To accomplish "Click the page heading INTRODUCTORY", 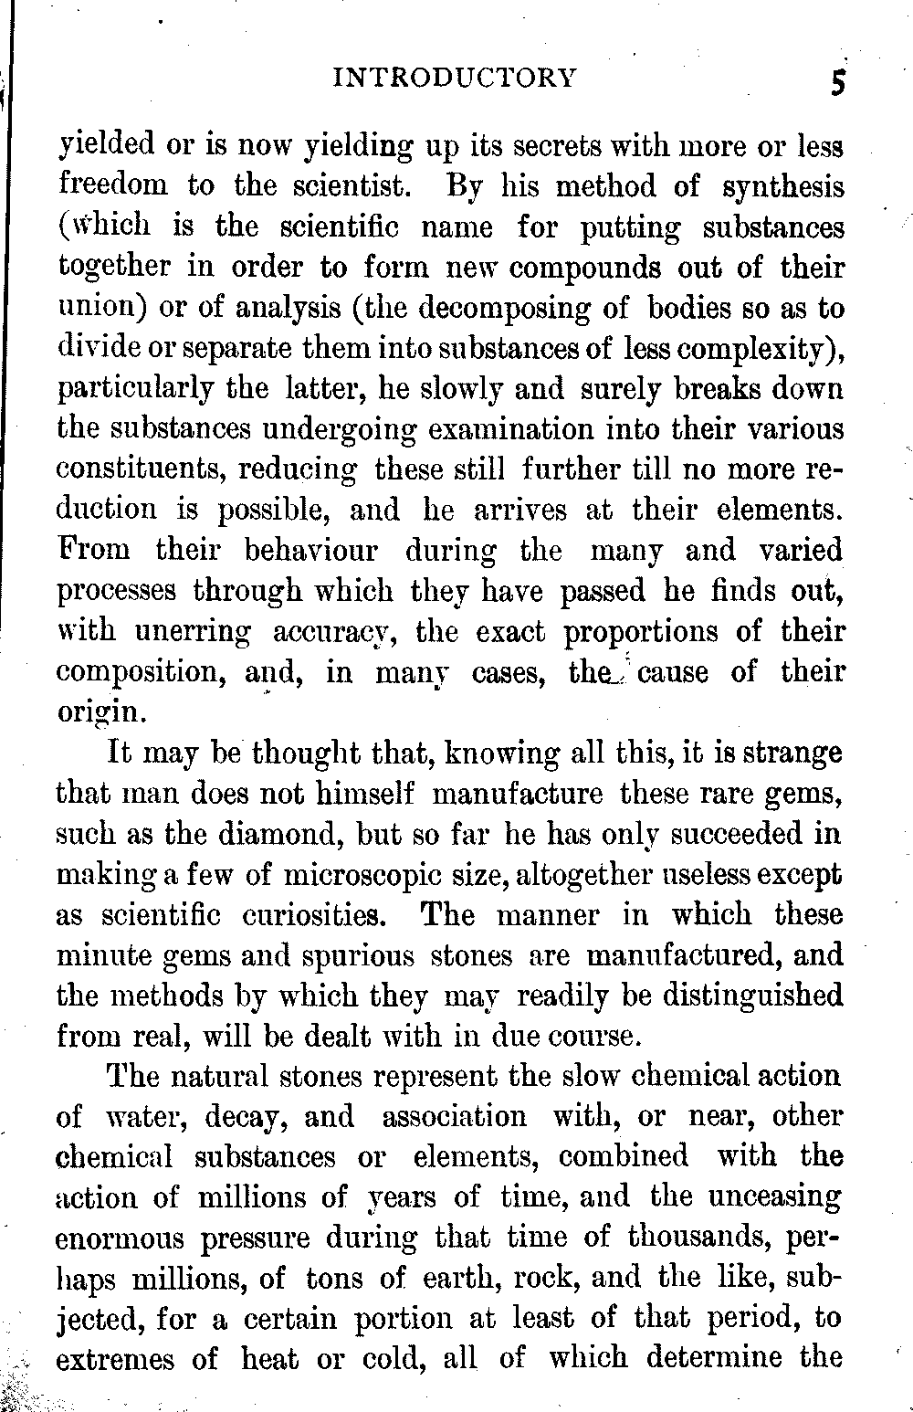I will [456, 78].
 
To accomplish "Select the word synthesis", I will [782, 187].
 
